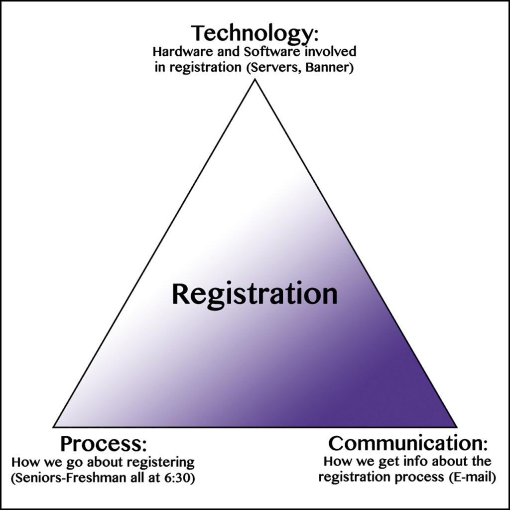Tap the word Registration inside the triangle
[x=255, y=294]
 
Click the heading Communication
[x=404, y=443]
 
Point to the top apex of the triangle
[x=255, y=80]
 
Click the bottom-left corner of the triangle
[x=54, y=427]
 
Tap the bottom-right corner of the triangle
[x=456, y=427]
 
